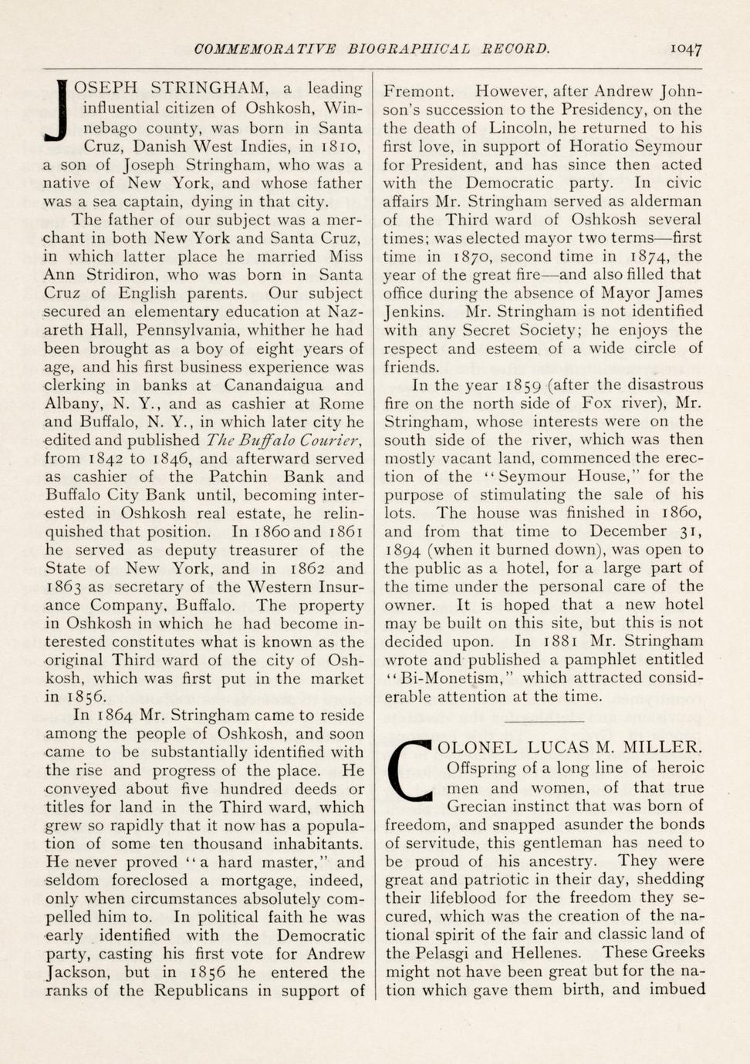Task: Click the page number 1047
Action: pyautogui.click(x=685, y=49)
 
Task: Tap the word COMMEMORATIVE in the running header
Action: pyautogui.click(x=265, y=49)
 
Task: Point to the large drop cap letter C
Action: pyautogui.click(x=410, y=769)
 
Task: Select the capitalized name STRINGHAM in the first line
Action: pyautogui.click(x=209, y=89)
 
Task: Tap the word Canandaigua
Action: pyautogui.click(x=273, y=385)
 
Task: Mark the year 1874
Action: pyautogui.click(x=650, y=257)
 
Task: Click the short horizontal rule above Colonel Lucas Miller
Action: pyautogui.click(x=544, y=722)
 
